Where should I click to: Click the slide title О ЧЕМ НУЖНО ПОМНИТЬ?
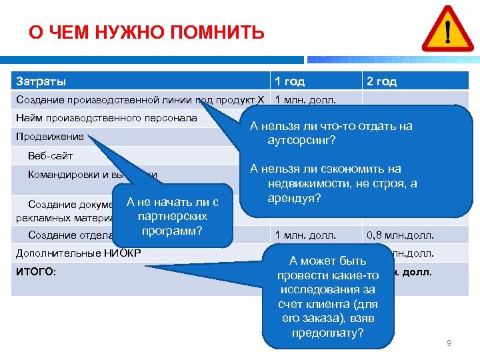click(146, 32)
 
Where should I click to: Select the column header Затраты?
click(41, 81)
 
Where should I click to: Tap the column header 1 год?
click(289, 81)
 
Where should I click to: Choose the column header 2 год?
click(381, 81)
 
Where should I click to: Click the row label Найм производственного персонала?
click(106, 118)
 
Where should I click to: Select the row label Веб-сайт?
click(50, 155)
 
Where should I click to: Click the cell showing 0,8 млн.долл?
click(399, 234)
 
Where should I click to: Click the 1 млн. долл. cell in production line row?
click(305, 100)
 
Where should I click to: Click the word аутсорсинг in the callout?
click(301, 141)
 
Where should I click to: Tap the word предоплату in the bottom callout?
click(327, 332)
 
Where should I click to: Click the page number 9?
click(449, 343)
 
